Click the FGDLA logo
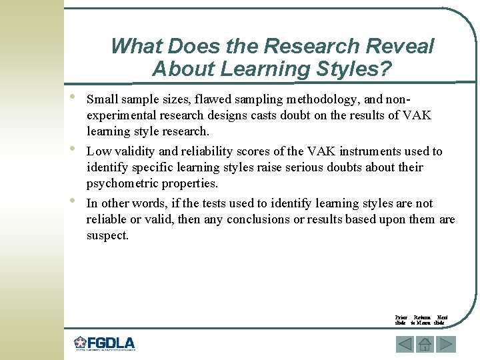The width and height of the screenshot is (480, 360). pos(104,344)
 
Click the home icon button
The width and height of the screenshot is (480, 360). pos(425,344)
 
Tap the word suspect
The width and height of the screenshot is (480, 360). pos(107,235)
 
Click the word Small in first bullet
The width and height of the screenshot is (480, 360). pos(102,100)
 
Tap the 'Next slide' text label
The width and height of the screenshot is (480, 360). pos(442,320)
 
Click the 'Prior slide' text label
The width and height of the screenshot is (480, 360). pos(401,320)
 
